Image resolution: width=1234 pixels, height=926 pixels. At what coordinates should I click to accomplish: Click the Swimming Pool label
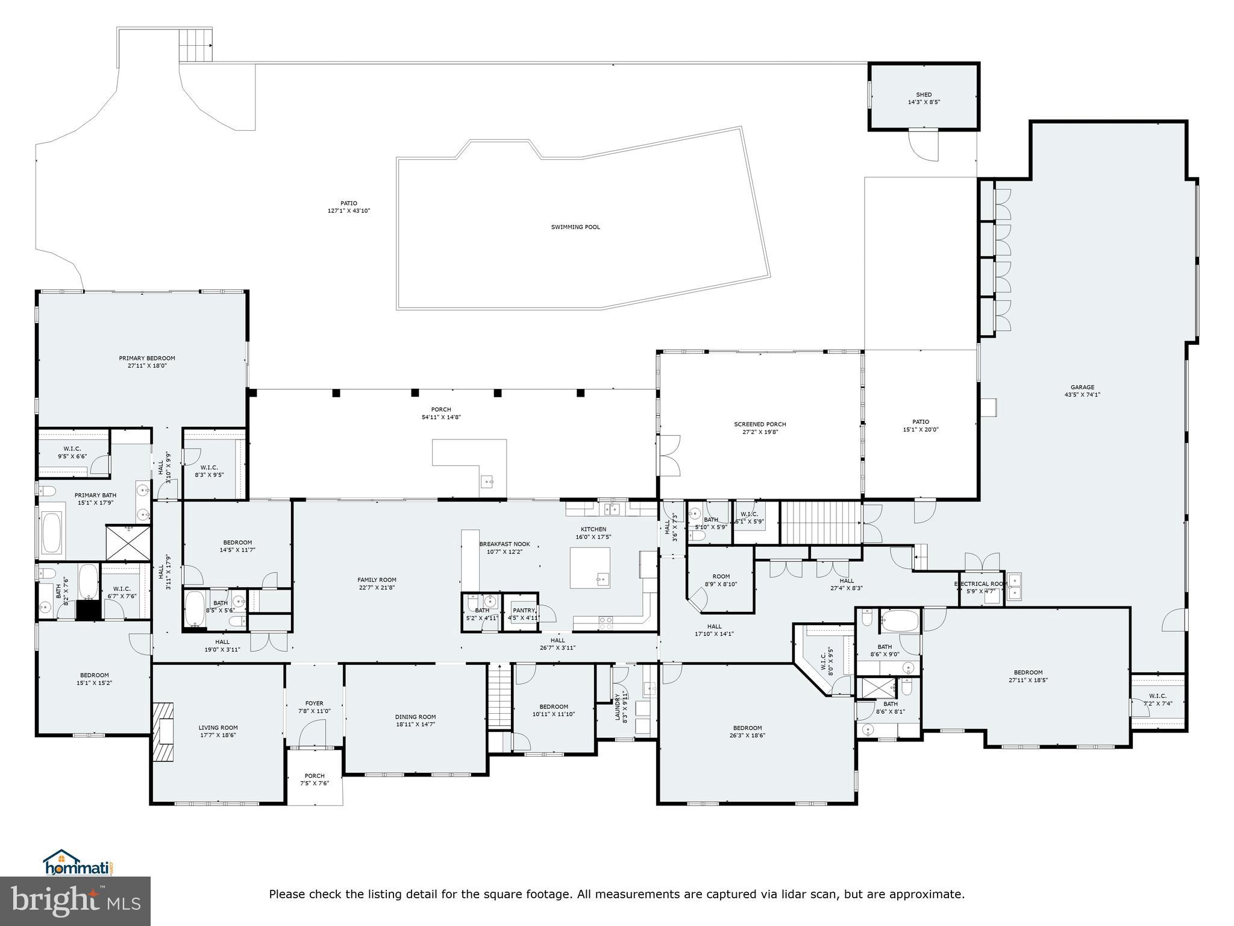click(x=575, y=227)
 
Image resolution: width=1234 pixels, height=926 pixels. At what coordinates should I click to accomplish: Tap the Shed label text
click(x=924, y=95)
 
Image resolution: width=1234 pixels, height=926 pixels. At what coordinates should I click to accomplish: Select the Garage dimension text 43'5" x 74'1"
click(x=1082, y=395)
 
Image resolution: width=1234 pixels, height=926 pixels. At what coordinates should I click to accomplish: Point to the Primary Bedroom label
click(x=147, y=358)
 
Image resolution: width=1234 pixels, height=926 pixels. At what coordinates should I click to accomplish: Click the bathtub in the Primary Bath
click(x=52, y=533)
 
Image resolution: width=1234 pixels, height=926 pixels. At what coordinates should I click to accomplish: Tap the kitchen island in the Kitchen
click(x=590, y=567)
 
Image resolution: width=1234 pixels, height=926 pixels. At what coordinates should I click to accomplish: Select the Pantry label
click(x=523, y=611)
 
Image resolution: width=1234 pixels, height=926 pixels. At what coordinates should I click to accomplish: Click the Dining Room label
click(x=415, y=717)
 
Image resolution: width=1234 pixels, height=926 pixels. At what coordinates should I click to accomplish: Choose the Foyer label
click(x=314, y=703)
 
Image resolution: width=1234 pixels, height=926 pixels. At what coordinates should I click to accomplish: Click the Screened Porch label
click(x=760, y=424)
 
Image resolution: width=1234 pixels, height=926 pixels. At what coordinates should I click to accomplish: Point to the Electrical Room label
click(x=980, y=584)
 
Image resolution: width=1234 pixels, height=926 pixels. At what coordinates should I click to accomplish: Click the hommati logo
click(x=78, y=866)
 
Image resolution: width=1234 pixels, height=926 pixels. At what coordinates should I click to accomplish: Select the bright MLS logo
click(x=75, y=901)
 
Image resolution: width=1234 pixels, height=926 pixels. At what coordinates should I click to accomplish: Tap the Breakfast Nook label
click(x=504, y=544)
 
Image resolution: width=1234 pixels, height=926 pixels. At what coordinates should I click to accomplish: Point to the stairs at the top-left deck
click(x=196, y=44)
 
